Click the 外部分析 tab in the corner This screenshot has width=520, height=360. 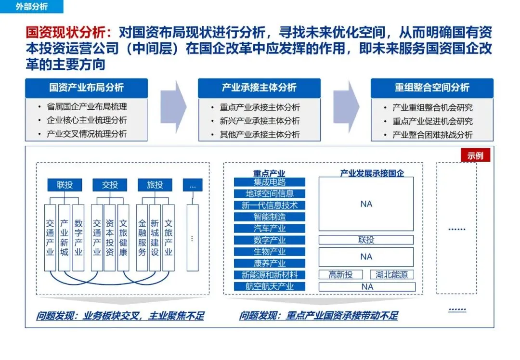coord(32,7)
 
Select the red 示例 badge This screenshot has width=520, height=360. coord(476,155)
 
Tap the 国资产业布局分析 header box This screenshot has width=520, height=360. coord(86,88)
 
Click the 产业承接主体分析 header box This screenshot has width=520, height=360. coord(259,88)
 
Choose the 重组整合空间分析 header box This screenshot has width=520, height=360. coord(432,88)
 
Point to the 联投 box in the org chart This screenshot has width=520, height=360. coord(65,185)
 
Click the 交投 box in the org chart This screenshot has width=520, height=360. coord(110,185)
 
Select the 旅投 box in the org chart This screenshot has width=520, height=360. coord(155,185)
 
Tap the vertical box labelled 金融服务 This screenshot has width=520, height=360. coord(142,237)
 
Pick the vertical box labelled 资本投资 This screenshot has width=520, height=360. coord(110,237)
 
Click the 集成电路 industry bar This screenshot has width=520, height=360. coord(270,182)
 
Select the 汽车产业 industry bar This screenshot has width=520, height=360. coord(270,228)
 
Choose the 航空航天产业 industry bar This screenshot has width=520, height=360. coord(270,286)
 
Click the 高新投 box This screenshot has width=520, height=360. coord(341,275)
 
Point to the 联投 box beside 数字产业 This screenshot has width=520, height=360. coord(366,240)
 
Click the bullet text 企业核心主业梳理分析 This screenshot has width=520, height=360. coord(87,120)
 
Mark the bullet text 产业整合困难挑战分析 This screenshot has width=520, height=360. coord(432,135)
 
